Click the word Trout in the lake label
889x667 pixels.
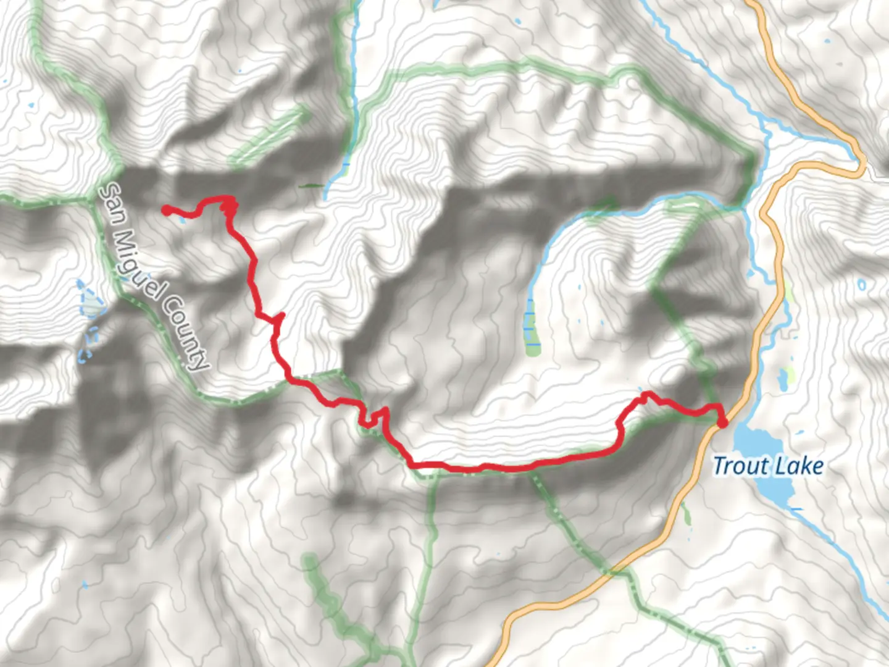[x=739, y=466]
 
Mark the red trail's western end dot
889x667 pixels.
[x=165, y=210]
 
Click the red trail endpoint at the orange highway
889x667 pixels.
[x=721, y=422]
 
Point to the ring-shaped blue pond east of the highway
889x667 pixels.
[x=861, y=285]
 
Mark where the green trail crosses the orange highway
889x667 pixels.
[x=612, y=571]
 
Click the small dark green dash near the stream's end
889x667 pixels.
[x=310, y=185]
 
